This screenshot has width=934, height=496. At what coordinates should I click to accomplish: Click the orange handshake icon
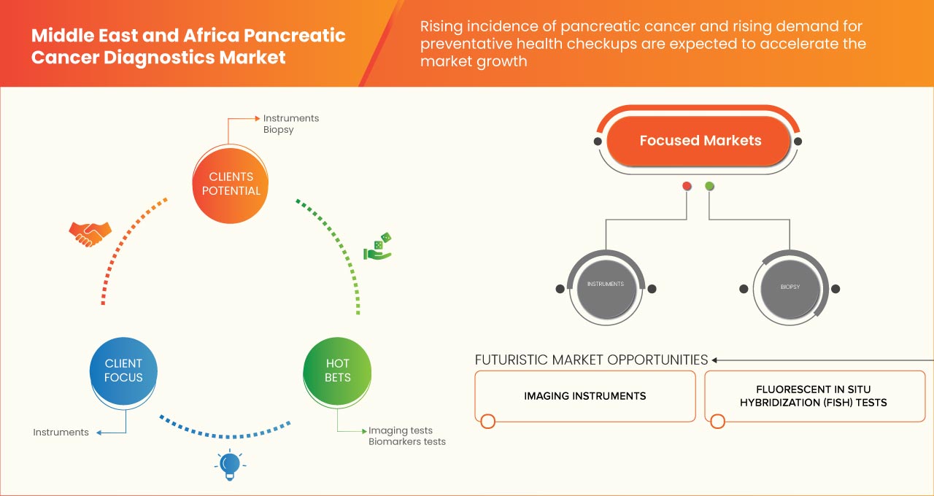point(90,233)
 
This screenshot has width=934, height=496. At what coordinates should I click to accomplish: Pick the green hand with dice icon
point(377,247)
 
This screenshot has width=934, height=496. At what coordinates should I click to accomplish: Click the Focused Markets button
point(700,141)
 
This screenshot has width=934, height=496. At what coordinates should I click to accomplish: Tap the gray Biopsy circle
point(790,287)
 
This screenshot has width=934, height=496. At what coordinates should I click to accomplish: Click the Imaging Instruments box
point(584,396)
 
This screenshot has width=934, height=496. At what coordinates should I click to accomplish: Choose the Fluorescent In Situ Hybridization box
point(814,396)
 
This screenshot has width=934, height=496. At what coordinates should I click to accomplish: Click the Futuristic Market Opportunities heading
point(591,360)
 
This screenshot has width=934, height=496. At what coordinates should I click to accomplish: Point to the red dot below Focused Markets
point(687,187)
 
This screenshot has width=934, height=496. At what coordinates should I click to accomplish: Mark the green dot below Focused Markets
point(709,187)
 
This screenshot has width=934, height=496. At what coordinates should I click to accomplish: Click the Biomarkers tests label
point(406,441)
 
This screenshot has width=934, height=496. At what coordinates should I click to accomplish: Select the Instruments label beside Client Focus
point(61,433)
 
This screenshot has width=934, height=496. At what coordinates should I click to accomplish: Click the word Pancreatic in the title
point(296,35)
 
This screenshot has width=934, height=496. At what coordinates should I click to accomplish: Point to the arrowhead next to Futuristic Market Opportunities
point(715,360)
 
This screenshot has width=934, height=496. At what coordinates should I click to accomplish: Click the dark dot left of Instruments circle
point(560,289)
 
